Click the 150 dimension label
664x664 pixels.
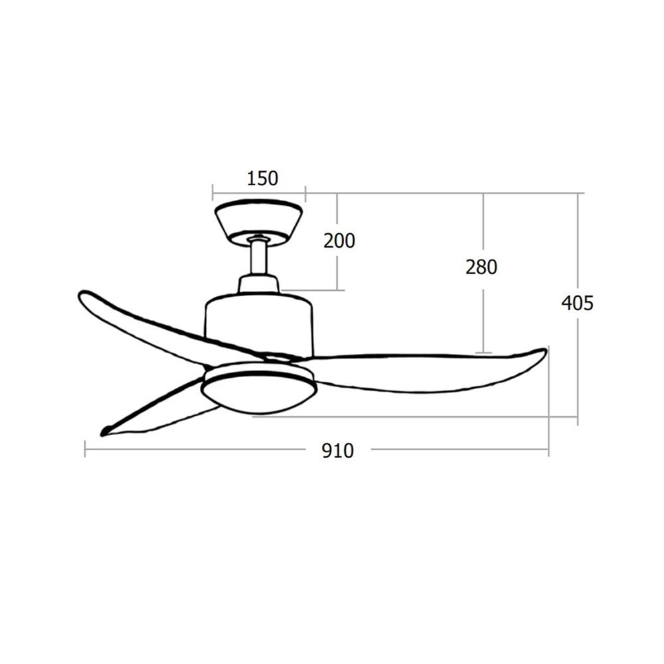coord(262,178)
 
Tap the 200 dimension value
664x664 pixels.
coord(339,240)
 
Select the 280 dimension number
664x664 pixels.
coord(481,267)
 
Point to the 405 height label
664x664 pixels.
coord(577,303)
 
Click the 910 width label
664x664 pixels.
coord(337,451)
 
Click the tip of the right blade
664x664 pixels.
coord(544,350)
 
